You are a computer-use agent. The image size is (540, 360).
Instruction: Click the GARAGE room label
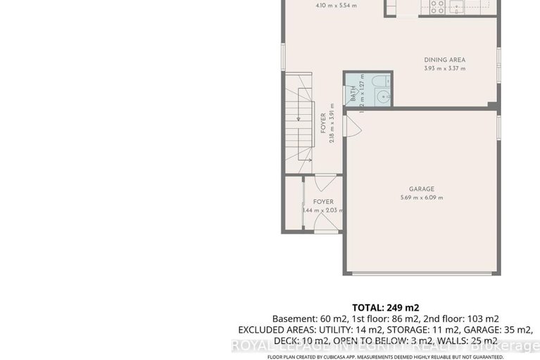(422, 189)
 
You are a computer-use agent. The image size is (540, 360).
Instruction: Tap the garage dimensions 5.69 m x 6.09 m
(422, 198)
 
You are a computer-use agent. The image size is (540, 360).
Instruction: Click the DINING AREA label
(444, 60)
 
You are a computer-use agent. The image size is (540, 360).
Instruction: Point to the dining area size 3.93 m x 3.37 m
(444, 68)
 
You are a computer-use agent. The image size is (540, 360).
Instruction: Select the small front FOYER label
(323, 201)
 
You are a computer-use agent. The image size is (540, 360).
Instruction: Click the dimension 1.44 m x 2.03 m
(323, 210)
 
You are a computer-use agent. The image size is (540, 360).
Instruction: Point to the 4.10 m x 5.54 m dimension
(316, 6)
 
